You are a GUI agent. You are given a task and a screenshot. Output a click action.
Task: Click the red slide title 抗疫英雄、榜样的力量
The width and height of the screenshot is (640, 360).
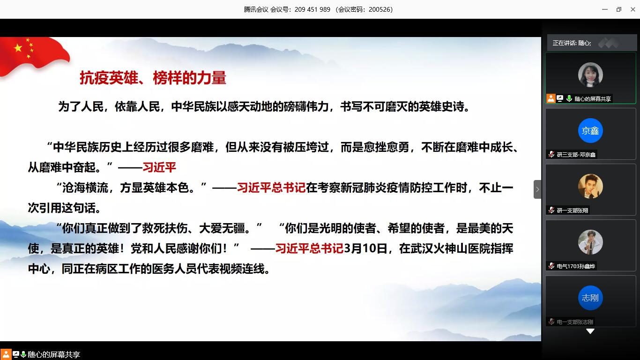pos(153,78)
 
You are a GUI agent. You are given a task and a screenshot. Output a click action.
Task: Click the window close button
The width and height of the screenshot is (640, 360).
pos(631,9)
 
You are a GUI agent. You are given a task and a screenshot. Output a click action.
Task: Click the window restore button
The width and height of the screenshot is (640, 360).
pos(618,9)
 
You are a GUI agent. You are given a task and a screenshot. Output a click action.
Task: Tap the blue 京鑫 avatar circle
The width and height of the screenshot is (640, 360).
pos(590,131)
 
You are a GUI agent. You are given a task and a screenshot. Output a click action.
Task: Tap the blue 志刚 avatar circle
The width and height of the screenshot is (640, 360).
pos(590,298)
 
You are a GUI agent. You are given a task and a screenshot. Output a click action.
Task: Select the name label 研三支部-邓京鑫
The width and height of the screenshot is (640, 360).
pos(576,154)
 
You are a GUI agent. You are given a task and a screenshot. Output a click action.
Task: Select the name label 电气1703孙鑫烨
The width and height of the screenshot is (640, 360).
pos(576,266)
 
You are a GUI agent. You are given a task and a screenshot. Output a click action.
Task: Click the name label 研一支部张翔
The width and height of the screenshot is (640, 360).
pos(572,210)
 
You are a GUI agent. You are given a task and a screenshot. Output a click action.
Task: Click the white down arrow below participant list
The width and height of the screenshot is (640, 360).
pos(590,331)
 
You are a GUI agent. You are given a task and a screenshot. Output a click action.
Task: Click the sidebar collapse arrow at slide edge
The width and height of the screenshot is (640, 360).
pos(537,189)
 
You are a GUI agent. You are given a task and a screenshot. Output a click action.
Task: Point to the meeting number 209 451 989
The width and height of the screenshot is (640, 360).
pos(312,9)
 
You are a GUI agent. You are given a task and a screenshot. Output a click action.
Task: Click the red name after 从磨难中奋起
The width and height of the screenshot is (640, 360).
pos(159,167)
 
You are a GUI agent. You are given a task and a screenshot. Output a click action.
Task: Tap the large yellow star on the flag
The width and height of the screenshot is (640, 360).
pos(18,48)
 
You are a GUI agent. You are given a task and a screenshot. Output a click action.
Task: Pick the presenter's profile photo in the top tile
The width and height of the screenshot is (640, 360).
pos(590,75)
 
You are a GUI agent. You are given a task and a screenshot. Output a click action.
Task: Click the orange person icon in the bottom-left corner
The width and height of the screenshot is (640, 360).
pos(6,354)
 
